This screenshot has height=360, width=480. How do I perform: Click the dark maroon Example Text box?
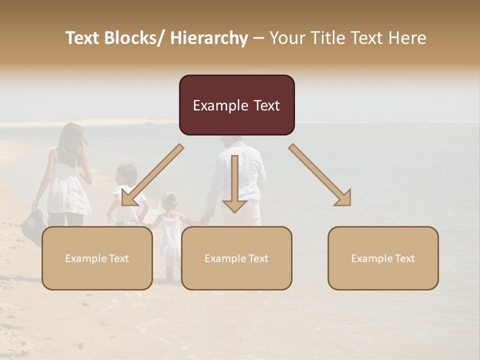pyautogui.click(x=236, y=105)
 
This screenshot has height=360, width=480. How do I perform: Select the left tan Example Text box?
pyautogui.click(x=97, y=258)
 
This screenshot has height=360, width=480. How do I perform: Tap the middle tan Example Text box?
pyautogui.click(x=236, y=258)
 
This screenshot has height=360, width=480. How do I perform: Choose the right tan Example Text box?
pyautogui.click(x=383, y=258)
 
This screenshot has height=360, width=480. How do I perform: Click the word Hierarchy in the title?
pyautogui.click(x=209, y=38)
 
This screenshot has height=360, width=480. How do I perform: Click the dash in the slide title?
pyautogui.click(x=258, y=38)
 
